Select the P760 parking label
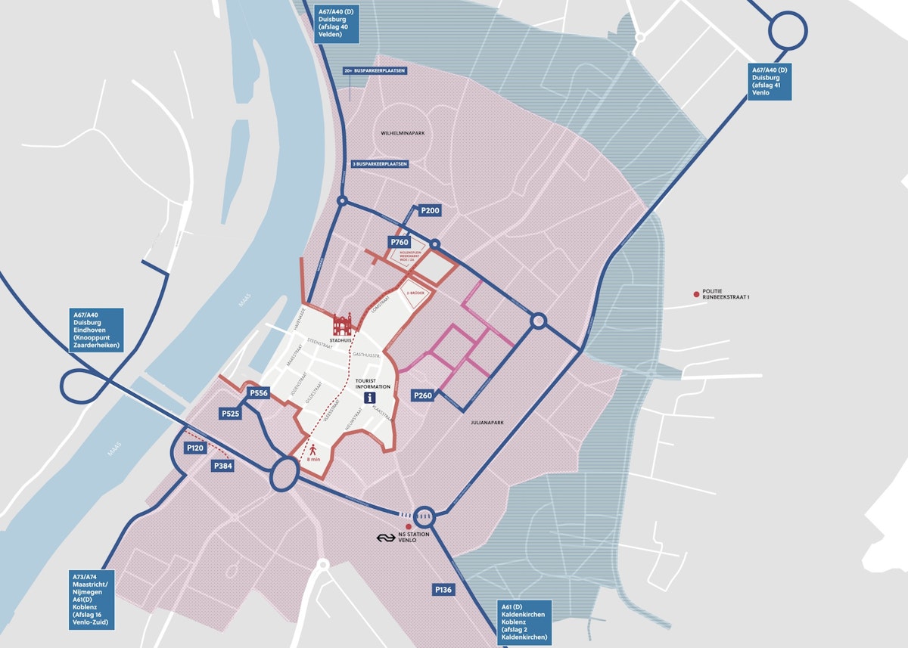[399, 242]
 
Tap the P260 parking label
[422, 395]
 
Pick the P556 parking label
[259, 393]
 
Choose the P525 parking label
[231, 414]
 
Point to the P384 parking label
[223, 467]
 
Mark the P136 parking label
[443, 589]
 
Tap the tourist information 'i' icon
[369, 398]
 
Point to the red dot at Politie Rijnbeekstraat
[696, 293]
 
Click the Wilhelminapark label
[402, 133]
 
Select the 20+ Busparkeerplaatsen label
[375, 70]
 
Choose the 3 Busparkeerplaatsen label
[380, 163]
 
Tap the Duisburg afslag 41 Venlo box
[770, 82]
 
